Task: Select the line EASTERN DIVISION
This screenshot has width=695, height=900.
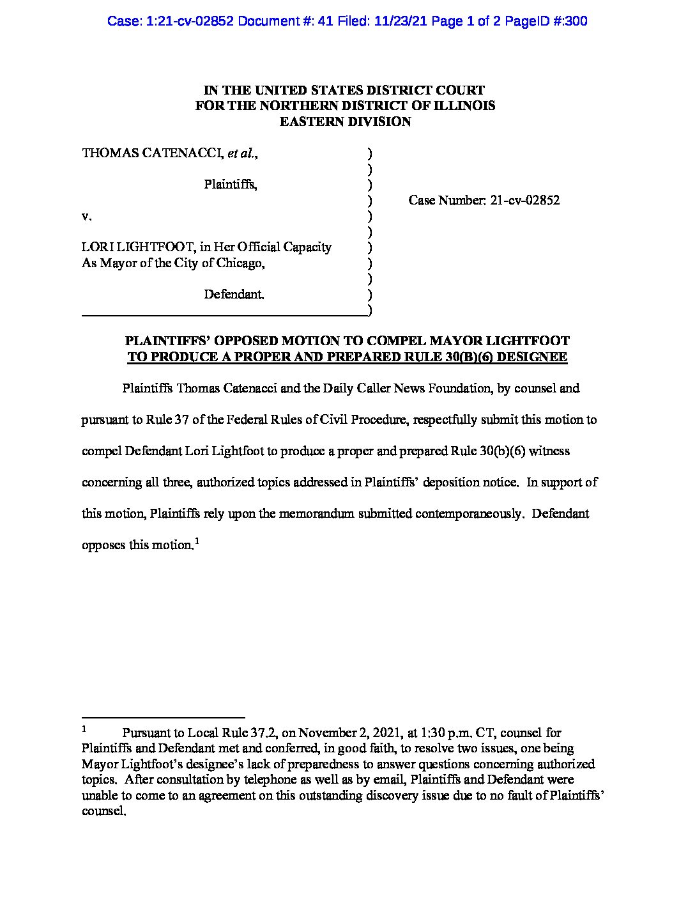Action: [x=345, y=121]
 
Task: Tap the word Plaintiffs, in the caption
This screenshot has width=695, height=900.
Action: [x=231, y=185]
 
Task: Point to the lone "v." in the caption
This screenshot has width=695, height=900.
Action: [x=87, y=216]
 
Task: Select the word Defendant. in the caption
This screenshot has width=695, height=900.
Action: [x=234, y=295]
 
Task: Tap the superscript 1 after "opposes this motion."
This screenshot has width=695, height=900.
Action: [x=197, y=542]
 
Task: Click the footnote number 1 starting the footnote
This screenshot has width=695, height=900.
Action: [x=84, y=729]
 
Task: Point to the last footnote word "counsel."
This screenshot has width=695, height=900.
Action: [x=103, y=811]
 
